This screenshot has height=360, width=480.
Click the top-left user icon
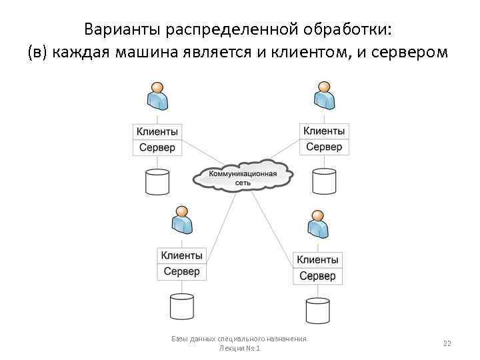pyautogui.click(x=157, y=96)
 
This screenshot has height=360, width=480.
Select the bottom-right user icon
pyautogui.click(x=318, y=225)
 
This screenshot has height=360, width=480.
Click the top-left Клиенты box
pyautogui.click(x=157, y=132)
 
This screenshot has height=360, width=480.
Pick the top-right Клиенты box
pyautogui.click(x=324, y=131)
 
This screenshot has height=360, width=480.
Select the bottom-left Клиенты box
pyautogui.click(x=181, y=255)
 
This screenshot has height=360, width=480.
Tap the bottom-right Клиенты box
pyautogui.click(x=317, y=260)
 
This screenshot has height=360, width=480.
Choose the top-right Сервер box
pyautogui.click(x=324, y=147)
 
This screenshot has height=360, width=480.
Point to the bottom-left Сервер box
pyautogui.click(x=181, y=271)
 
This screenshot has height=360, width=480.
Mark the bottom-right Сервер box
pyautogui.click(x=317, y=276)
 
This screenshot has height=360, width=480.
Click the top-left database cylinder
pyautogui.click(x=157, y=181)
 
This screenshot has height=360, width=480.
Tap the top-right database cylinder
pyautogui.click(x=324, y=181)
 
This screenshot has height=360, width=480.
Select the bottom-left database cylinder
pyautogui.click(x=181, y=306)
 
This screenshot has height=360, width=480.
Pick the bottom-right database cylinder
pyautogui.click(x=317, y=310)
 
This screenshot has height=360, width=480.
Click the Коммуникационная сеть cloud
pyautogui.click(x=243, y=177)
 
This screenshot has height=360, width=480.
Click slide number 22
pyautogui.click(x=447, y=343)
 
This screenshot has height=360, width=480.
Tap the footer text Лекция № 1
pyautogui.click(x=239, y=349)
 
